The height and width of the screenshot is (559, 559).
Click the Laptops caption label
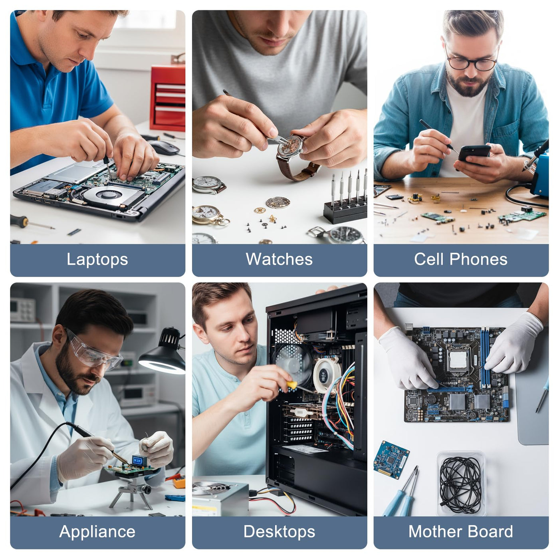(97, 259)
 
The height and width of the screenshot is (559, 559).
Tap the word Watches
(279, 259)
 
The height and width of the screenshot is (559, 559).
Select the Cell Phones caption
(461, 259)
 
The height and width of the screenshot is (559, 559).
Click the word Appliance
(97, 532)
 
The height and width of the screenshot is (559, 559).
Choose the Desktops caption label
(279, 532)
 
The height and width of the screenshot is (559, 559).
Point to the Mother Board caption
(461, 532)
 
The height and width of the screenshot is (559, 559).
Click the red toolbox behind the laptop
(168, 97)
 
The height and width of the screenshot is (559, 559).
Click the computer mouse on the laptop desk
(164, 148)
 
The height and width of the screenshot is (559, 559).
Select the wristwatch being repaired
(293, 155)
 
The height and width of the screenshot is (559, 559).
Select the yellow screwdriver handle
(292, 385)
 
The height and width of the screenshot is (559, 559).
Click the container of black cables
(461, 484)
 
